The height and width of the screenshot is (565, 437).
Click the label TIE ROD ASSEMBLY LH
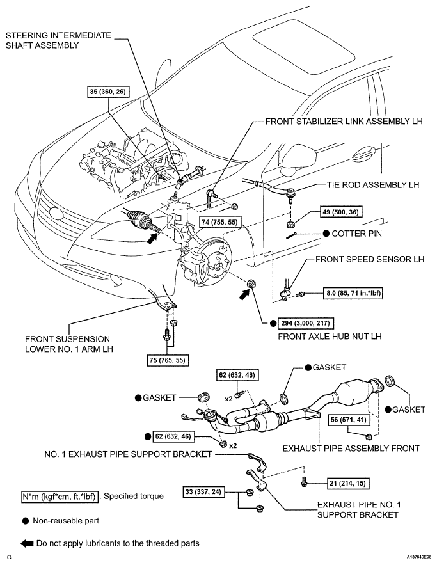pyautogui.click(x=369, y=185)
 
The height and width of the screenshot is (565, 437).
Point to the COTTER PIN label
pyautogui.click(x=357, y=234)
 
